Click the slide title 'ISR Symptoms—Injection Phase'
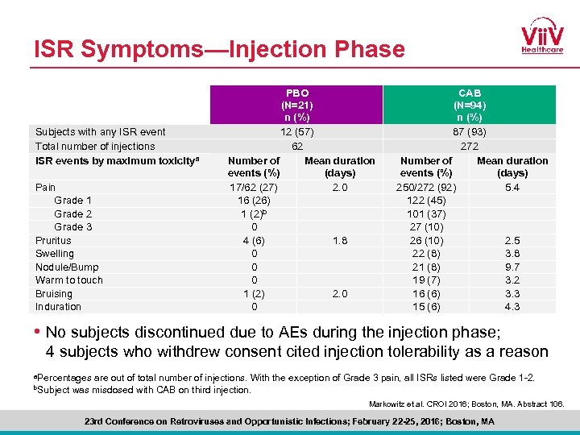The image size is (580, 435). (x=219, y=50)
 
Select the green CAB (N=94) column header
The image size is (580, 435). (x=469, y=105)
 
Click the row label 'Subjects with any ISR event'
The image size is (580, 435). (x=101, y=132)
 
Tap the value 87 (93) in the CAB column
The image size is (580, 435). (x=469, y=132)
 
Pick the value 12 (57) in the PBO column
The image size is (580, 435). (x=296, y=132)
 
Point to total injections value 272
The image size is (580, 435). (x=469, y=146)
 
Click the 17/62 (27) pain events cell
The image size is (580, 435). (x=255, y=187)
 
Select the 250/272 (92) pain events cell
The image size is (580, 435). (x=426, y=187)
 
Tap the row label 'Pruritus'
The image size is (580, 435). (x=53, y=240)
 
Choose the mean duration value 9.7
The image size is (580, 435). (x=512, y=267)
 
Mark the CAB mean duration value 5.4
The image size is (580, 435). (x=512, y=187)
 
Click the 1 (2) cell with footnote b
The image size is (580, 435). (x=255, y=213)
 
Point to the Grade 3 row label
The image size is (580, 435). (x=72, y=227)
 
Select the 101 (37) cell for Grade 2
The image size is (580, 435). (x=426, y=213)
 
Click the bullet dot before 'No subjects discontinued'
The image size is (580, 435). (x=37, y=332)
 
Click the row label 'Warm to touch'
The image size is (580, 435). (x=69, y=280)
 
